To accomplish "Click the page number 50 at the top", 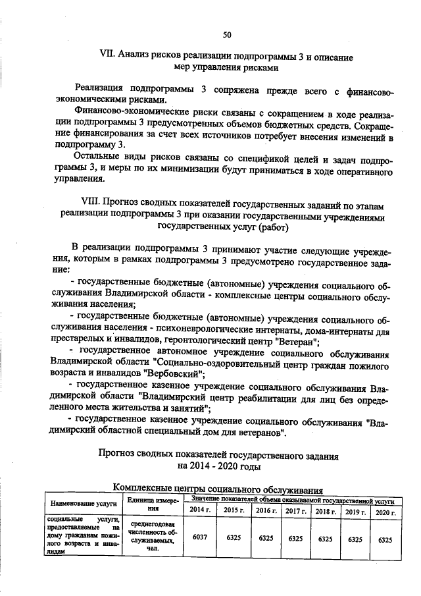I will [227, 34].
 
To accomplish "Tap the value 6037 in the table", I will [199, 538].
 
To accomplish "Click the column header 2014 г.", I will [200, 511].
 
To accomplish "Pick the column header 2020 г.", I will [385, 512].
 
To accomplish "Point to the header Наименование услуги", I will [80, 504].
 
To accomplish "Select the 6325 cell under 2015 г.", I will [233, 538].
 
